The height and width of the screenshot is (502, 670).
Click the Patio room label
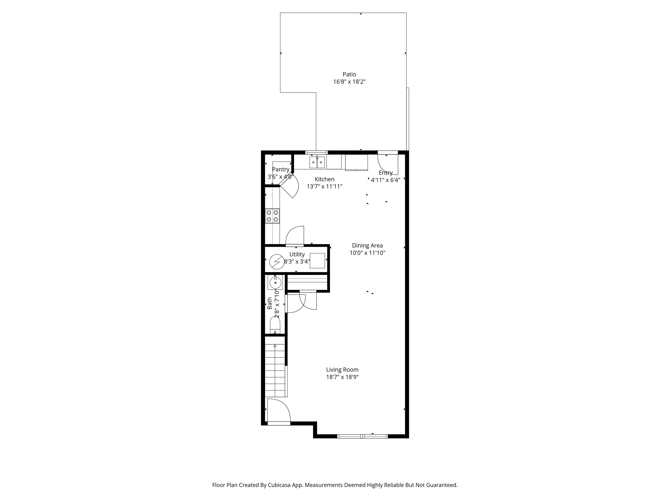[x=349, y=74]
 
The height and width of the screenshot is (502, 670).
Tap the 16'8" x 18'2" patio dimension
[x=349, y=82]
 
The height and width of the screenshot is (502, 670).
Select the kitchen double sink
[x=317, y=162]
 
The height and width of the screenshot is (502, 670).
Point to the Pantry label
[x=280, y=170]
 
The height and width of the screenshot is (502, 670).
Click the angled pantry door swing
[x=290, y=188]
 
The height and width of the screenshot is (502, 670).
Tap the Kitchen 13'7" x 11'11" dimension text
[x=324, y=186]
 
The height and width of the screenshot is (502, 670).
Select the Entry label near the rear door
[x=386, y=173]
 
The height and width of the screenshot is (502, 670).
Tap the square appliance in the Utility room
[x=317, y=261]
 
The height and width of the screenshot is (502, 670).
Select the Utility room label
[x=297, y=254]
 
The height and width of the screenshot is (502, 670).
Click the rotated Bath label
[x=269, y=303]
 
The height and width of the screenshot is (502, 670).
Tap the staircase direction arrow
[x=275, y=346]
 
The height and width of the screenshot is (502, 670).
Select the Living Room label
[x=342, y=370]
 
